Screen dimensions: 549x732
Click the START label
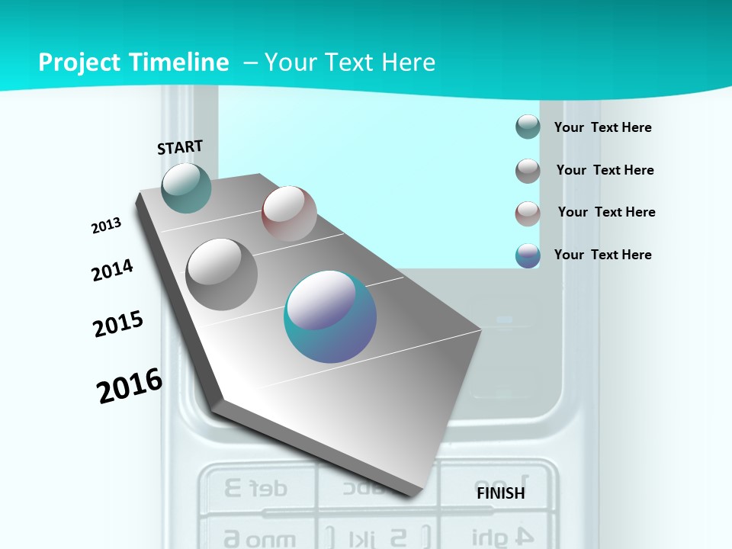tap(180, 147)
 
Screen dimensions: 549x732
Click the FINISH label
tap(500, 493)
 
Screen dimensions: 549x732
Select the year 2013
tap(106, 226)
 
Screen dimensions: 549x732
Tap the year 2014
tap(112, 270)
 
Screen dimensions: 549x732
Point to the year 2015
tap(117, 324)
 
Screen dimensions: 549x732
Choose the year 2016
tap(130, 386)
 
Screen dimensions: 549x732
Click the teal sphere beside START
tap(186, 188)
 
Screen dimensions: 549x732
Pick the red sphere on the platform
tap(289, 213)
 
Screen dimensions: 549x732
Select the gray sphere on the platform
tap(222, 274)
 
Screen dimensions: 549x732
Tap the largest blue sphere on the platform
tap(330, 316)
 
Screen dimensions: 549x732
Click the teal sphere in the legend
tap(528, 127)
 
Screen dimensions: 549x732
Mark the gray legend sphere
tap(528, 171)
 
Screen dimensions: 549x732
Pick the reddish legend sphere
tap(528, 213)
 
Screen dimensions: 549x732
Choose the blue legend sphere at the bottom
tap(528, 255)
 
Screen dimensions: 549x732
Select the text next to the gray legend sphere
tap(605, 170)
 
